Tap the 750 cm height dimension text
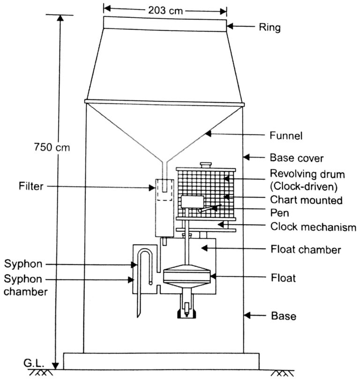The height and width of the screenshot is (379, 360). tap(51, 147)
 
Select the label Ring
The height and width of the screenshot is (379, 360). tap(270, 28)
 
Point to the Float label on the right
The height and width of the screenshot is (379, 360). tap(283, 278)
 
